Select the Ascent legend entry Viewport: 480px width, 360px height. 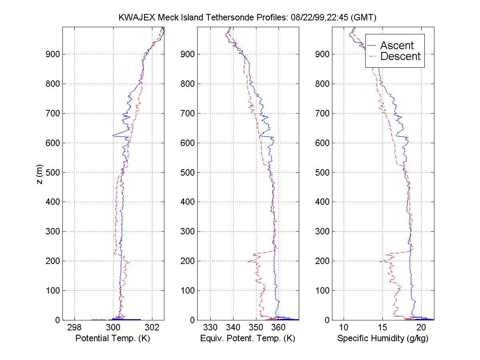click(x=396, y=46)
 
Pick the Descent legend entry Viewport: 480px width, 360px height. click(x=400, y=56)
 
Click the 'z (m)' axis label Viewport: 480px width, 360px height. click(x=38, y=174)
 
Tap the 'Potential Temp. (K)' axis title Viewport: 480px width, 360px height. click(x=113, y=338)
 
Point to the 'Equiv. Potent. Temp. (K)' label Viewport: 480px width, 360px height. click(x=248, y=338)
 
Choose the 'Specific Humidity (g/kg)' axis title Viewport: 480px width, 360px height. click(x=383, y=338)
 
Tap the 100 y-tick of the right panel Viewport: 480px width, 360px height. click(x=323, y=290)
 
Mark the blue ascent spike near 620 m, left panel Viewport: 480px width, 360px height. click(x=114, y=136)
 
